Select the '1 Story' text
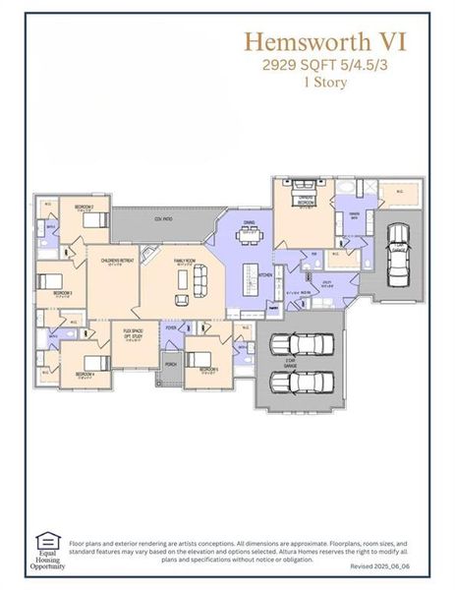pos(324,83)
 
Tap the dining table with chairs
pos(250,234)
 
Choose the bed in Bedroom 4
pos(93,361)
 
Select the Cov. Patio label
pos(163,220)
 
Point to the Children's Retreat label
pos(117,261)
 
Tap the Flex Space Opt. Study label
pos(133,334)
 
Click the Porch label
pos(171,365)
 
